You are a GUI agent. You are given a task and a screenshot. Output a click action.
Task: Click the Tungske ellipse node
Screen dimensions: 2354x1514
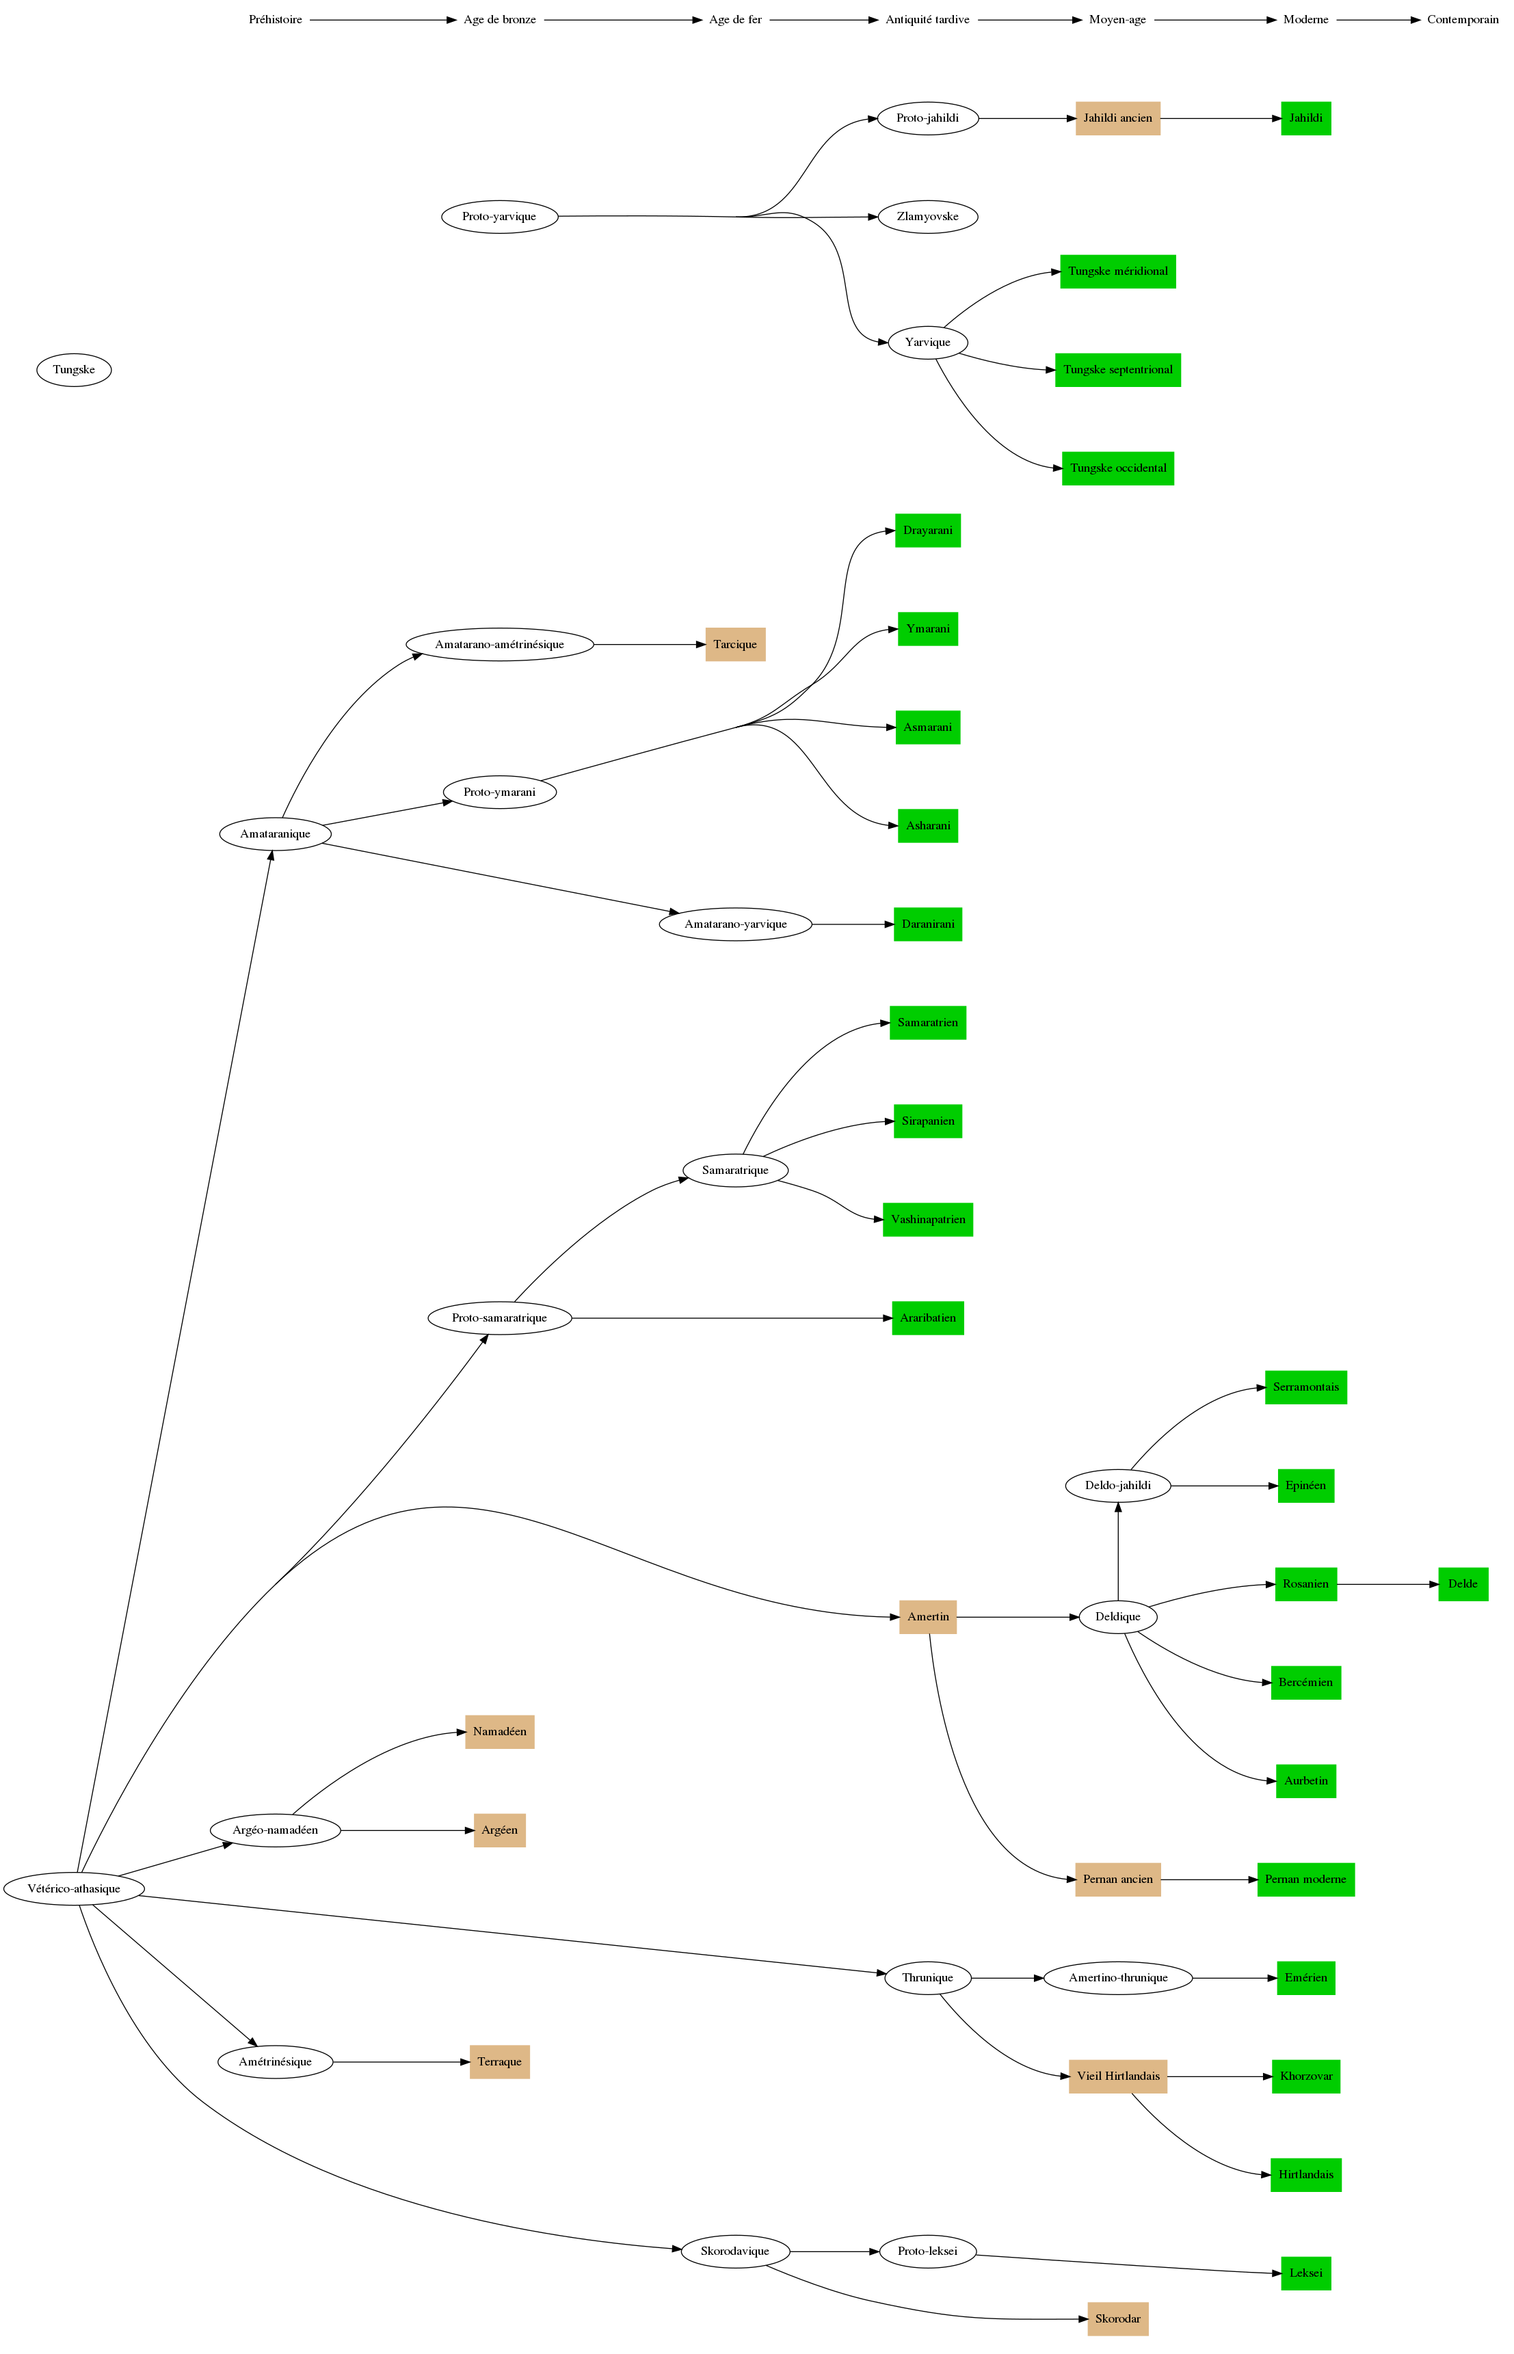tap(74, 371)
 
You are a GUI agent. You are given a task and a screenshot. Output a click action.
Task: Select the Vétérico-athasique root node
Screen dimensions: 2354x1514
tap(74, 1888)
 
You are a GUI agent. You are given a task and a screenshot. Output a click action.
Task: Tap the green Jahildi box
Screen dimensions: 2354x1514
tap(1305, 118)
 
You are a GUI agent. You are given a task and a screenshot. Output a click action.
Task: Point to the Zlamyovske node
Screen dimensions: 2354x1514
tap(927, 216)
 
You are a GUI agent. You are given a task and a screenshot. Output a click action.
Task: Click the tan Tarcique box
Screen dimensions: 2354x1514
tap(734, 645)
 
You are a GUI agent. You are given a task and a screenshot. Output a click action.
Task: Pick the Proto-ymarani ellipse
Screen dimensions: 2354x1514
tap(499, 792)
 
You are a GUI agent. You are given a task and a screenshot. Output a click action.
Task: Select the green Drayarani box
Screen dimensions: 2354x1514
tap(927, 531)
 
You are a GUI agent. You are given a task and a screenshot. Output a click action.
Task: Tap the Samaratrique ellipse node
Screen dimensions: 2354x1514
tap(734, 1171)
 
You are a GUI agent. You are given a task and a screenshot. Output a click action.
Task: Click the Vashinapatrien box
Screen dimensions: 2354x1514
tap(927, 1220)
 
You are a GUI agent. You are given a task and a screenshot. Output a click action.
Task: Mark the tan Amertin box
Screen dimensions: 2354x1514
tap(927, 1617)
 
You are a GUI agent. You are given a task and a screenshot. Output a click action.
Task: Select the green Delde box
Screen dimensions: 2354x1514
tap(1462, 1584)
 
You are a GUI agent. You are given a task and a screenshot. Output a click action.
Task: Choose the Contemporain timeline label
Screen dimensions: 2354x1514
tap(1462, 20)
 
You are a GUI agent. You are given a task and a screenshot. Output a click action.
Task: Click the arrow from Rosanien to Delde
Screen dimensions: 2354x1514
tap(1386, 1584)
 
